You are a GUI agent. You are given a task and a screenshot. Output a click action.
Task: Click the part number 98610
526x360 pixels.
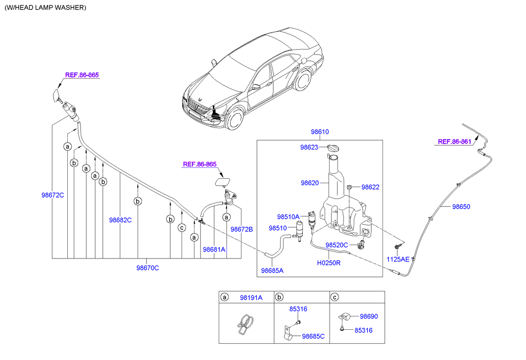320,132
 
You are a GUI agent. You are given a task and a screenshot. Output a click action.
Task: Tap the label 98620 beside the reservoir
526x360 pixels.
310,183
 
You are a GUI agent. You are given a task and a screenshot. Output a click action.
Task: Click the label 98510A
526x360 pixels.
288,217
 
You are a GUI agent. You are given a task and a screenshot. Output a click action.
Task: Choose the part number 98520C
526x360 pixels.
337,245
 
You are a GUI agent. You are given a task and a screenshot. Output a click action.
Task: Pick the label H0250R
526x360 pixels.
329,263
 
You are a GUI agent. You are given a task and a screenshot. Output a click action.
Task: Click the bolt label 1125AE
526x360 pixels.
398,259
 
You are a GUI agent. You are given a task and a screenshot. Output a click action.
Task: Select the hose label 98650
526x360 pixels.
461,207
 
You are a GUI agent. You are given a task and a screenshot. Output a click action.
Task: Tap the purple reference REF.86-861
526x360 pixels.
454,142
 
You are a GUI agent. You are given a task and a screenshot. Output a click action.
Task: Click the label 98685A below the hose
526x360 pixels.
272,271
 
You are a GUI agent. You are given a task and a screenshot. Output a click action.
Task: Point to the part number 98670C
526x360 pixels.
147,268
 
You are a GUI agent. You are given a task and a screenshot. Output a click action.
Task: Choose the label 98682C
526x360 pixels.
120,220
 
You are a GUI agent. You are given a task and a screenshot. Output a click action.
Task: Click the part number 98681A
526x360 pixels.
214,250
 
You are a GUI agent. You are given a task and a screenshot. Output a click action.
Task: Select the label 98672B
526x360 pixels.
241,229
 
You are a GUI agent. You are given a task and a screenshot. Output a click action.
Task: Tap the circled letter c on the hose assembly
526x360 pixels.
182,228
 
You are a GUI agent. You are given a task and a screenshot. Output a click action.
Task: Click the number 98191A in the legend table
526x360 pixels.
251,298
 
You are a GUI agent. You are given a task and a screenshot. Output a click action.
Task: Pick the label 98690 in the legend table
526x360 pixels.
369,316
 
